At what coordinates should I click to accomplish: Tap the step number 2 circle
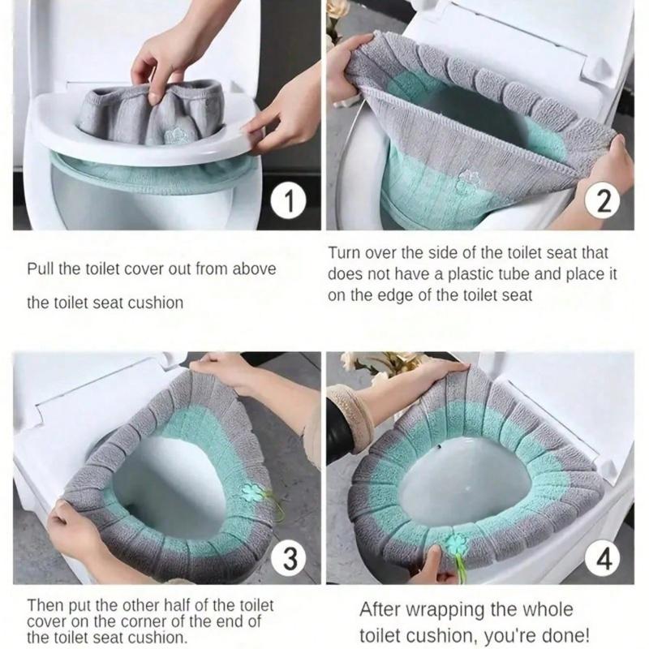click(x=601, y=201)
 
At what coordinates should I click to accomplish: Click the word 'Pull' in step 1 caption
click(x=41, y=269)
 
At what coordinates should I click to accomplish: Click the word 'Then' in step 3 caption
click(x=45, y=605)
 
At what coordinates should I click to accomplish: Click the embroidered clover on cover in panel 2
click(x=466, y=183)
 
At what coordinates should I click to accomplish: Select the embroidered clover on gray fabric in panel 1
click(x=174, y=135)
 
